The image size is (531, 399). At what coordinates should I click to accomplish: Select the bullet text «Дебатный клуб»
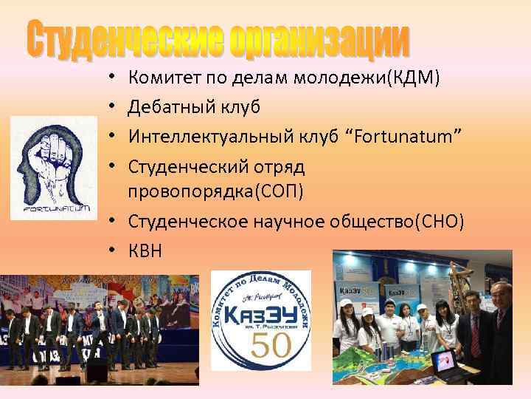click(194, 106)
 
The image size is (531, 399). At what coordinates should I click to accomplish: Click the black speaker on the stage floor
click(97, 371)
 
